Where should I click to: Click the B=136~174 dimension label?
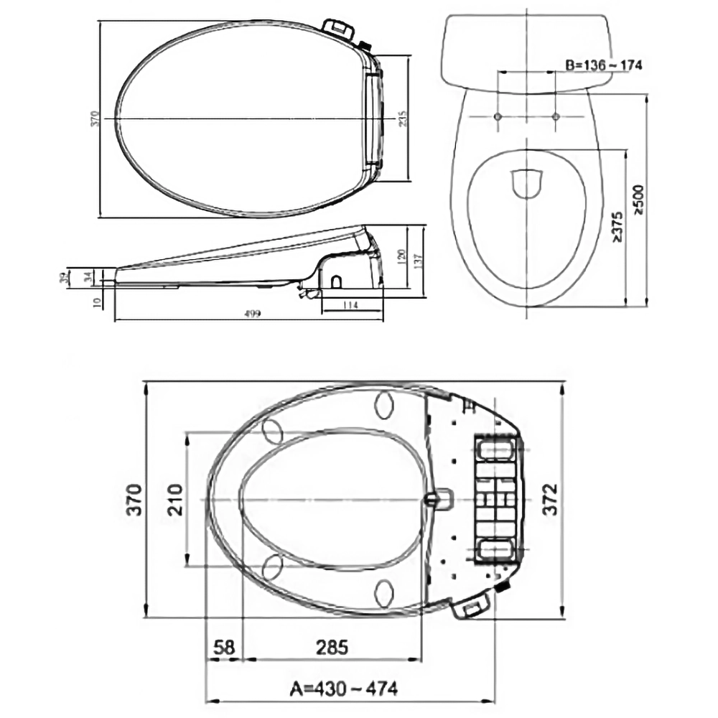pos(602,65)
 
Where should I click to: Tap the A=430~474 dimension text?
pos(343,689)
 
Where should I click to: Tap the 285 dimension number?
pos(331,647)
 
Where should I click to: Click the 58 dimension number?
pos(224,647)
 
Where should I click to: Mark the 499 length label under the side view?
pos(252,314)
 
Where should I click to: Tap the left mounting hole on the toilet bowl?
pos(498,116)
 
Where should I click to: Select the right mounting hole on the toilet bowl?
pos(556,116)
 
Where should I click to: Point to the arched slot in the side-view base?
pos(336,281)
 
